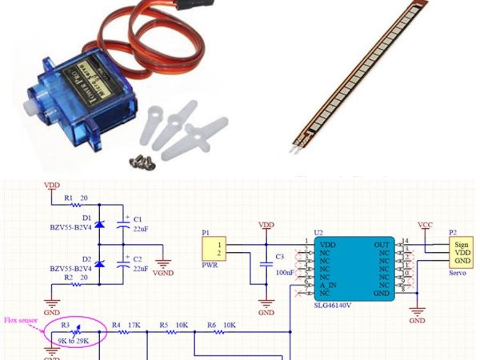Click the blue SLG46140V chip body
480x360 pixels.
point(354,268)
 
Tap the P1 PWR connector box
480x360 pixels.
point(214,250)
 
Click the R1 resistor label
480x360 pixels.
point(68,198)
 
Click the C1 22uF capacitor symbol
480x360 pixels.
point(126,225)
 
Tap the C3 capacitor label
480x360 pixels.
point(280,257)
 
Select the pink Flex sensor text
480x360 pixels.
point(21,321)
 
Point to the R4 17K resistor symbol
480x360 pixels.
point(124,332)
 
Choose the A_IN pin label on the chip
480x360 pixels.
point(329,285)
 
